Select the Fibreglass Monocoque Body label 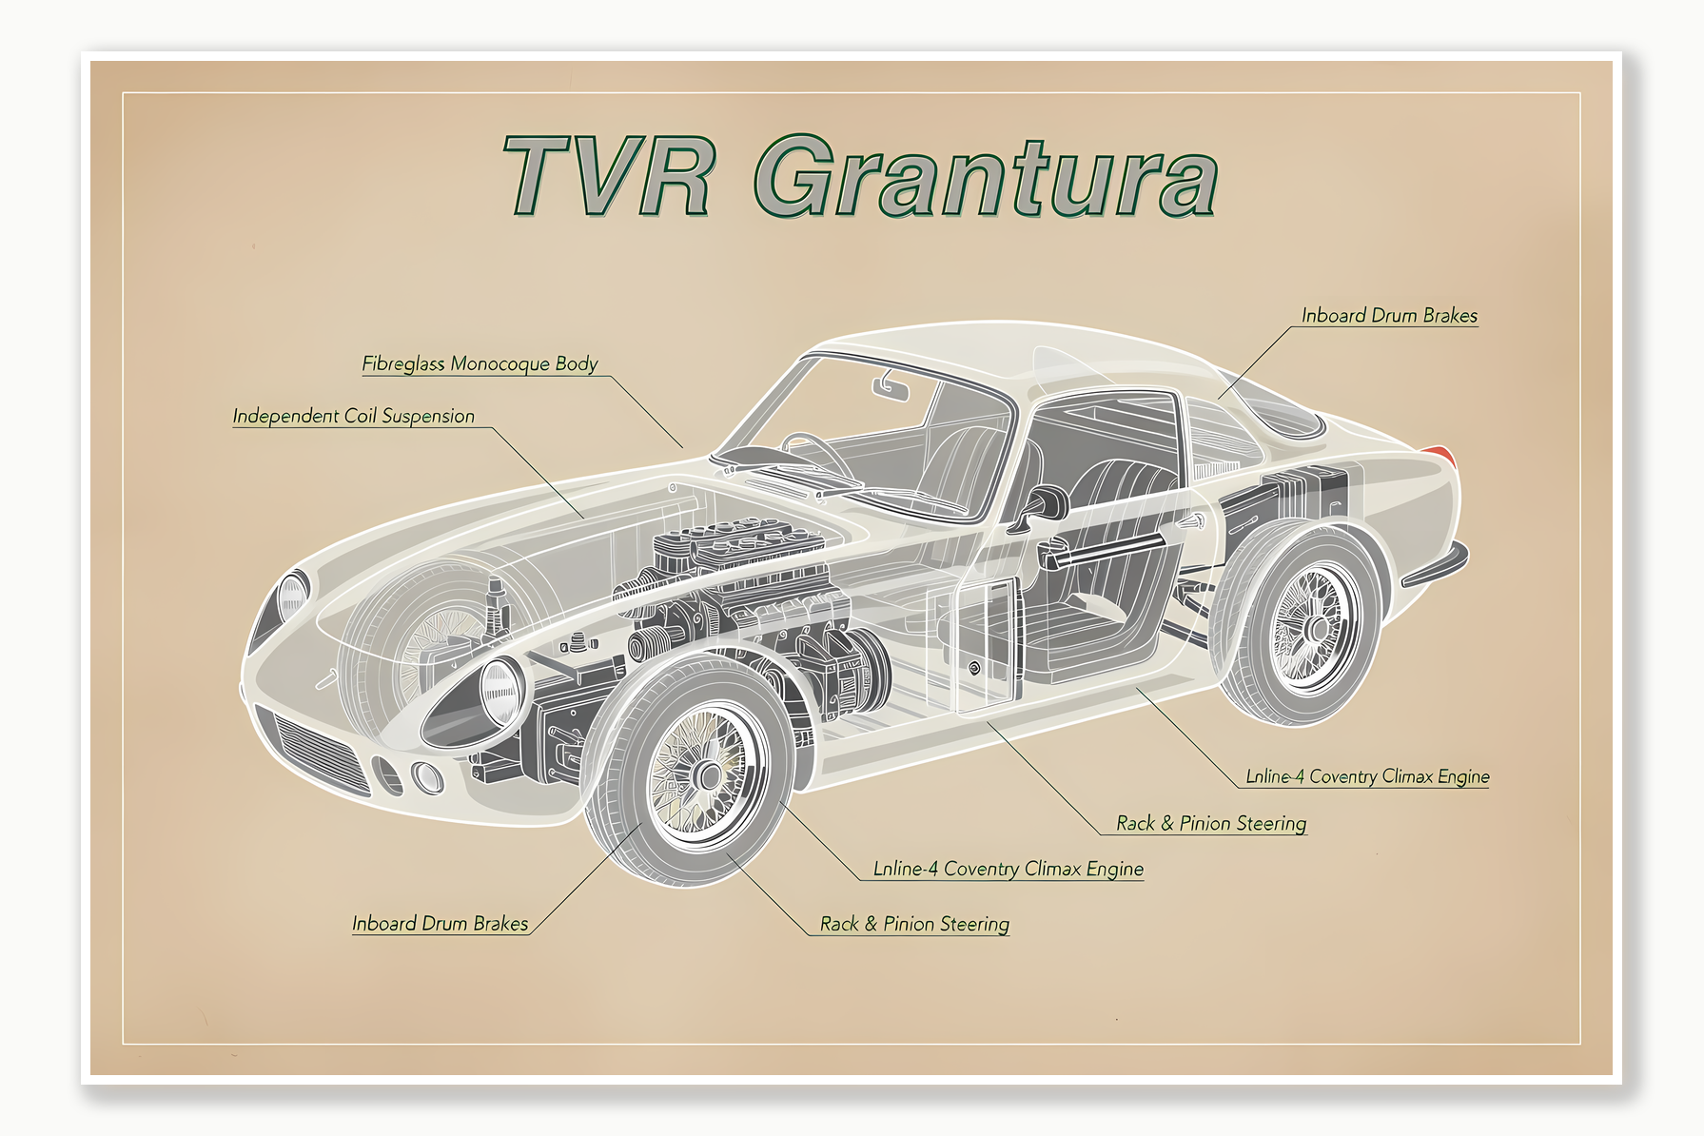[480, 363]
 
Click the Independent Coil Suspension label [353, 416]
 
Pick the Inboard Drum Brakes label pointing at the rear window [1389, 316]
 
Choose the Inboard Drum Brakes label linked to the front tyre [440, 924]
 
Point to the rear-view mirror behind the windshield [891, 387]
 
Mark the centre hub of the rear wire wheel [1317, 629]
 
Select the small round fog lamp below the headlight [427, 777]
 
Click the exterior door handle [1189, 522]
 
